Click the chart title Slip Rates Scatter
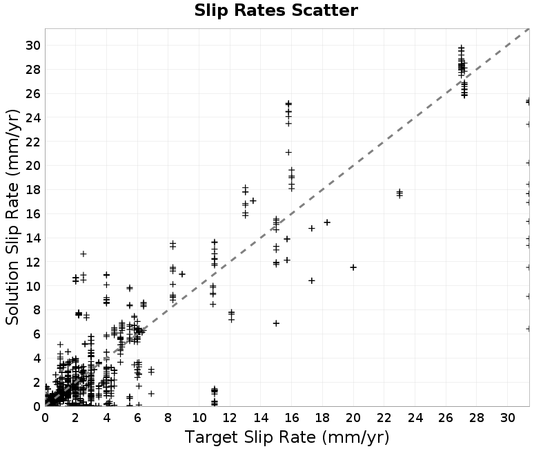(x=276, y=10)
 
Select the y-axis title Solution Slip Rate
(x=12, y=217)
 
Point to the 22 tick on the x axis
(x=384, y=418)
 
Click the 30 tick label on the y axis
(x=32, y=46)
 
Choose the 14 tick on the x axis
(x=261, y=418)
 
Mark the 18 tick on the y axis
(x=32, y=189)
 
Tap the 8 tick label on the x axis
(x=168, y=418)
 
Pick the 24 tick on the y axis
(x=32, y=117)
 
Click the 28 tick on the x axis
(x=476, y=418)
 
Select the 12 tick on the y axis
(x=32, y=262)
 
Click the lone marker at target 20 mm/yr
(x=353, y=267)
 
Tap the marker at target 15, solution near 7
(x=276, y=323)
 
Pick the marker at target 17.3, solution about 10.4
(x=312, y=280)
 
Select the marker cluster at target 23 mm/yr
(x=400, y=193)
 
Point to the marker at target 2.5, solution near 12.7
(x=83, y=254)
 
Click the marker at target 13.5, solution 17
(x=253, y=201)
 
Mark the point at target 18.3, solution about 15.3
(x=327, y=222)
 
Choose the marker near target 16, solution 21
(x=288, y=152)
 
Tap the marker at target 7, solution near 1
(x=151, y=393)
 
